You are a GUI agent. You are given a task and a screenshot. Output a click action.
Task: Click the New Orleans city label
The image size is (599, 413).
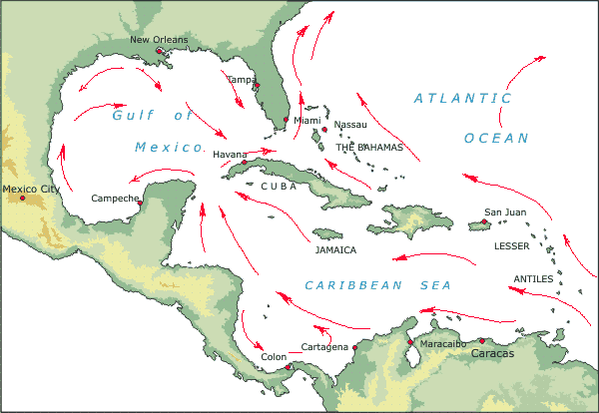click(158, 40)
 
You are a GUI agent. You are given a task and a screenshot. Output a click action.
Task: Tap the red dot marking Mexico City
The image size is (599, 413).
click(22, 198)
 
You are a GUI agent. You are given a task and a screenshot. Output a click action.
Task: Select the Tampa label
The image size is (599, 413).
click(241, 79)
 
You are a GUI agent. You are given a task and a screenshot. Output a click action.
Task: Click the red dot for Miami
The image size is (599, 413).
click(287, 120)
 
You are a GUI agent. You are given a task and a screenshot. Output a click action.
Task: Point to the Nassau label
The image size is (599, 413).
click(350, 125)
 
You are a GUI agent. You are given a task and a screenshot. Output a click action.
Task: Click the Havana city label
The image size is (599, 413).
click(229, 155)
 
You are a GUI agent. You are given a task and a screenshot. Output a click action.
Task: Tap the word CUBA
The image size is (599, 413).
click(279, 186)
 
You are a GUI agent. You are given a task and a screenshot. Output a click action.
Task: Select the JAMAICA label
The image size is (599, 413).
click(335, 250)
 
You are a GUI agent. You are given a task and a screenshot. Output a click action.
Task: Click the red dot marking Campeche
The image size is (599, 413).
click(140, 203)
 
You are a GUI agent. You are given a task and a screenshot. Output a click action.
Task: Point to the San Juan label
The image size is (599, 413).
click(504, 211)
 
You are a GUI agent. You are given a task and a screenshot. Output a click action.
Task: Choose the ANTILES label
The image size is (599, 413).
click(533, 279)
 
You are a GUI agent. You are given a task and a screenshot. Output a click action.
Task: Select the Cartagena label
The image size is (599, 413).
click(324, 347)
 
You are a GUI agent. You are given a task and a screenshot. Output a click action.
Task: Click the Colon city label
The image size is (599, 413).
click(274, 356)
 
